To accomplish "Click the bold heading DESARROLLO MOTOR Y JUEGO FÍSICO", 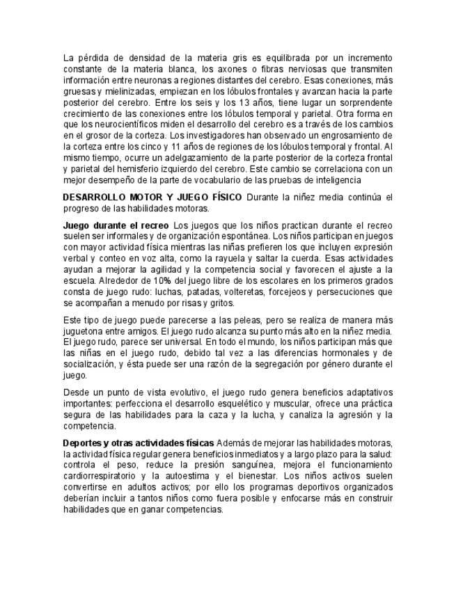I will point(152,198).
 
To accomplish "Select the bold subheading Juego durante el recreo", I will point(116,225).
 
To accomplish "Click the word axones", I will point(226,70).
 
